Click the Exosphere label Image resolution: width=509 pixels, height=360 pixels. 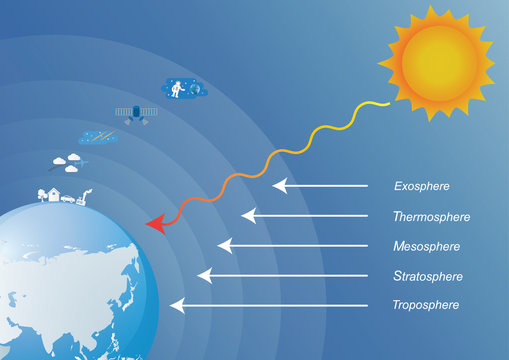click(x=421, y=186)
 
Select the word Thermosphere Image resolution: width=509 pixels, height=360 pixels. click(x=432, y=216)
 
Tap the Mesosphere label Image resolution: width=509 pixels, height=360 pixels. click(x=427, y=246)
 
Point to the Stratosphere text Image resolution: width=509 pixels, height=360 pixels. click(x=428, y=276)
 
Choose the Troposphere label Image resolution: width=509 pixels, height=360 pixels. click(x=427, y=305)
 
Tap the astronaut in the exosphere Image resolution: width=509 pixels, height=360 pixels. click(x=177, y=88)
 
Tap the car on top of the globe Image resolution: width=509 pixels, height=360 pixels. click(x=67, y=198)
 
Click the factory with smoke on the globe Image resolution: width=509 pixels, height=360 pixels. click(x=85, y=198)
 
